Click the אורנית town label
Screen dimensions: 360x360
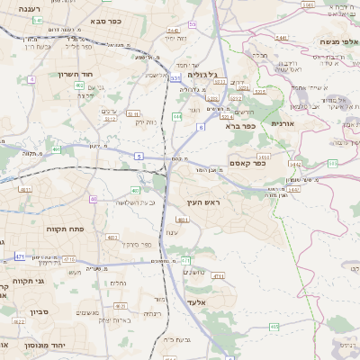click(x=283, y=122)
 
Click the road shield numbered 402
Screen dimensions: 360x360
click(x=80, y=85)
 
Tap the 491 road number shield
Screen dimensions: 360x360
click(x=57, y=150)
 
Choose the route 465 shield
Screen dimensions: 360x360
click(x=273, y=327)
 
